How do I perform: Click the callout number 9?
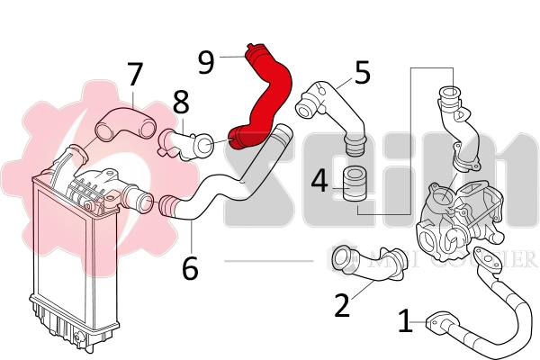pos(206,61)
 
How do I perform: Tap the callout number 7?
pos(135,75)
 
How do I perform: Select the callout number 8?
pos(181,101)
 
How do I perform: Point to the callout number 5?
pos(363,72)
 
